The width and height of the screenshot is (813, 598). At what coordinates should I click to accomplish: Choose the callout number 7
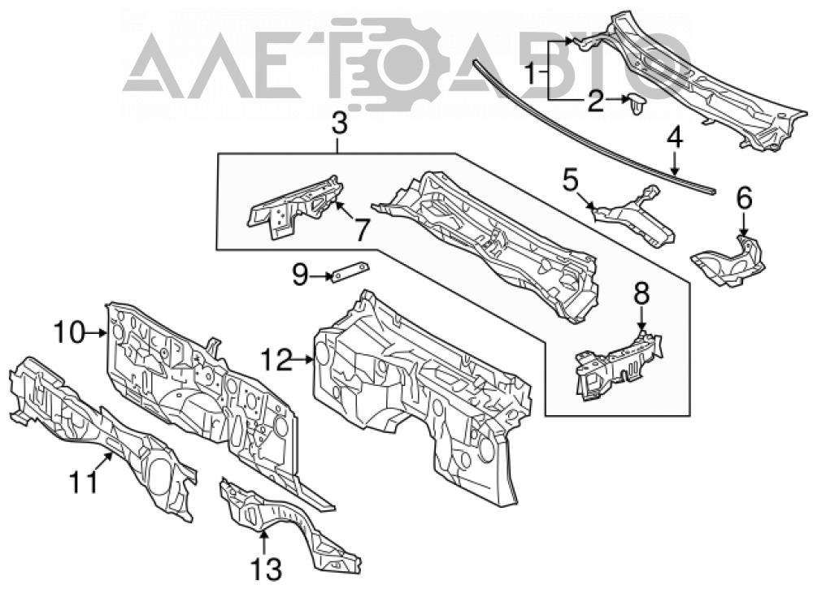point(362,230)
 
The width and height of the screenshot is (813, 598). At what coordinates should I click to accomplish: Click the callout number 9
point(300,275)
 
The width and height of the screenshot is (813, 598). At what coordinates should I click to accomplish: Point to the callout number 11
point(84,482)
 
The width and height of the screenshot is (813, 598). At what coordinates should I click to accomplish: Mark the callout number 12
point(277,359)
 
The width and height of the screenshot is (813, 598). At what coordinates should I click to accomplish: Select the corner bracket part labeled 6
point(730,261)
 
